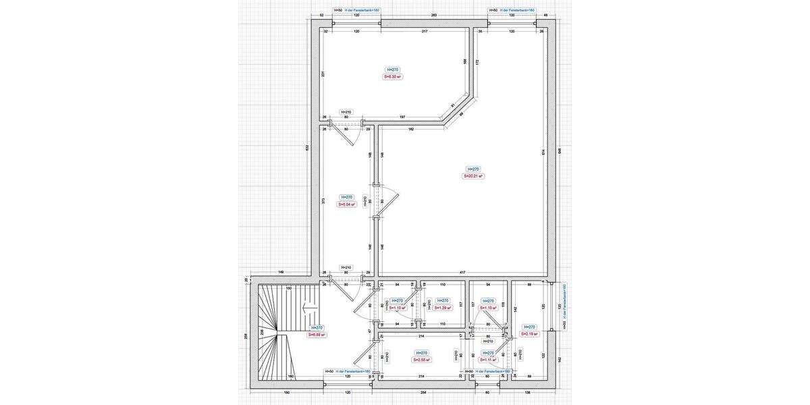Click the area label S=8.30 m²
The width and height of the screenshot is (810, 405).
[x=392, y=77]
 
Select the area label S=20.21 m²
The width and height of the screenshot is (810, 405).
[x=473, y=176]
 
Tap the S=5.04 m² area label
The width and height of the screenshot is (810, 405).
[x=346, y=205]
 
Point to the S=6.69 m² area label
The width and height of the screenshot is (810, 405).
[x=317, y=334]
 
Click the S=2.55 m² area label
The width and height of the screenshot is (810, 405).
[x=422, y=360]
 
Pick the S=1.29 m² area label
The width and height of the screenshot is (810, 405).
[x=442, y=308]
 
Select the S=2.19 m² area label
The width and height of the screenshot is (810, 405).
[x=529, y=334]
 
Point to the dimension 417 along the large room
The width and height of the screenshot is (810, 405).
[x=462, y=272]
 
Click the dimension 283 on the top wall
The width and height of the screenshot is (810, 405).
[x=434, y=15]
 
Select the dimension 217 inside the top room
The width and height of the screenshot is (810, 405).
[x=425, y=32]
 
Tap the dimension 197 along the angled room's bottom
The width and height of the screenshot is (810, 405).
[x=402, y=117]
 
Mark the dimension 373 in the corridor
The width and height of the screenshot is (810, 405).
[x=324, y=200]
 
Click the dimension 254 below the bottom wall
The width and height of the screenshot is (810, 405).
[x=423, y=392]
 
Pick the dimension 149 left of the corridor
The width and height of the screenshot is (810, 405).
[x=280, y=272]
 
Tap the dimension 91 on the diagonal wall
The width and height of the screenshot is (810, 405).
[x=453, y=105]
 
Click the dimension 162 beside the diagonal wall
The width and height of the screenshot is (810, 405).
[x=410, y=129]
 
